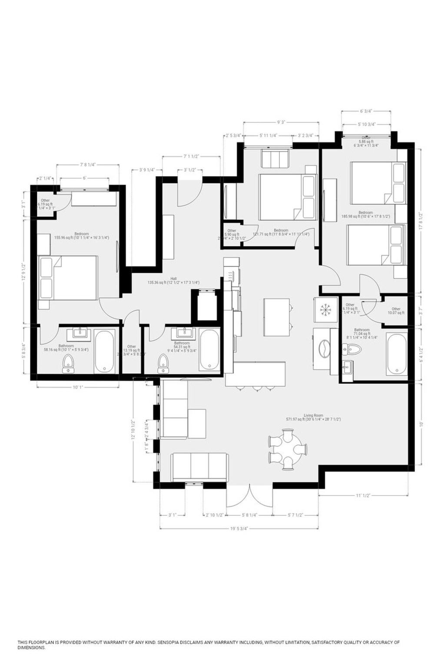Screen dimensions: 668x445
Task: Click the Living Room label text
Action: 313,417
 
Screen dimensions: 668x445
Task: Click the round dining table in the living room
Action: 288,449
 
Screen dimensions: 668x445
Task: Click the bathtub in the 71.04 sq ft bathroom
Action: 396,354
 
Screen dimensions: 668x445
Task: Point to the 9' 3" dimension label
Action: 281,123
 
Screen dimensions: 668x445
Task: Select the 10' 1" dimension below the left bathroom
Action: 78,387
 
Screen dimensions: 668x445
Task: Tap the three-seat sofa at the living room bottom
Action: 199,466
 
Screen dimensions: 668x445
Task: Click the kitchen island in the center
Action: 277,317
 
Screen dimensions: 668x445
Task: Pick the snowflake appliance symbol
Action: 325,309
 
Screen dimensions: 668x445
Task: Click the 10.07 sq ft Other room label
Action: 395,311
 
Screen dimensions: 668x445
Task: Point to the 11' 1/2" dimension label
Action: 363,495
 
